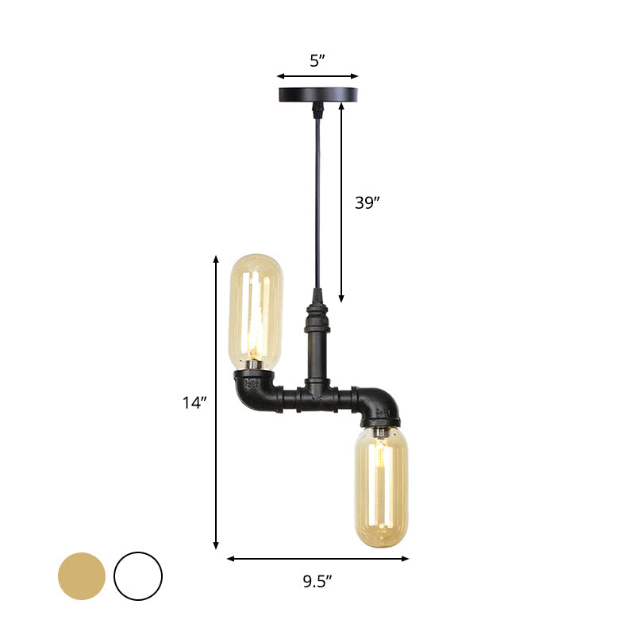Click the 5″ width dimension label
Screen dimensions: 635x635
pyautogui.click(x=317, y=59)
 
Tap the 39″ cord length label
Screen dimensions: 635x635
pyautogui.click(x=367, y=202)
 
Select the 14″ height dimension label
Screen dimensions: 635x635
pyautogui.click(x=194, y=402)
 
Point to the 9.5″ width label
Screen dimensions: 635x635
pyautogui.click(x=317, y=581)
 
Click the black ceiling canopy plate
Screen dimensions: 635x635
pyautogui.click(x=317, y=94)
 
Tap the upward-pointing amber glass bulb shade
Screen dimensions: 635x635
pyautogui.click(x=255, y=311)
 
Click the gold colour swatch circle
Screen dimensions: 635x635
pyautogui.click(x=81, y=575)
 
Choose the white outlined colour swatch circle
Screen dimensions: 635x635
pyautogui.click(x=137, y=575)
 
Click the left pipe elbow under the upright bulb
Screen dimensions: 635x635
pyautogui.click(x=256, y=391)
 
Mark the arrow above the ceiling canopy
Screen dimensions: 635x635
pyautogui.click(x=317, y=77)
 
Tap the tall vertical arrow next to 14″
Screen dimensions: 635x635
pyautogui.click(x=216, y=402)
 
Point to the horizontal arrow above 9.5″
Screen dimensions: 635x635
pyautogui.click(x=317, y=558)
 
